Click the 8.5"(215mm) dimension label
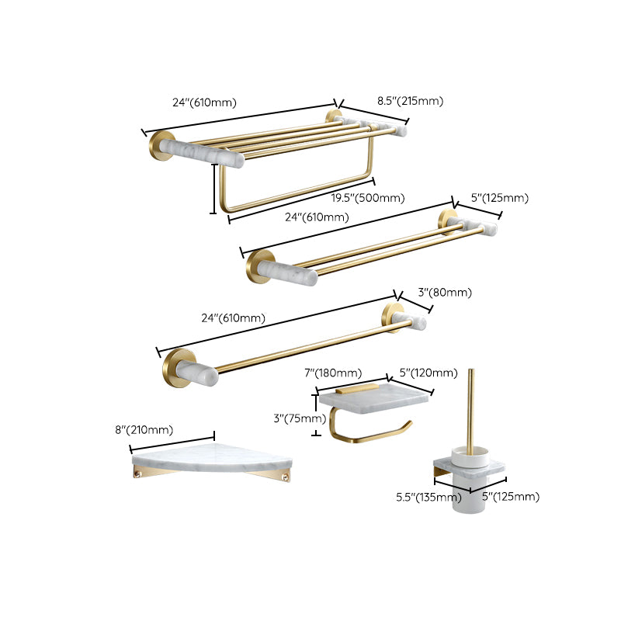click(x=410, y=101)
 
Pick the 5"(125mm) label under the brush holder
click(x=511, y=497)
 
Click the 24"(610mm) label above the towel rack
click(x=204, y=102)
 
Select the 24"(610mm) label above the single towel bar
click(x=233, y=317)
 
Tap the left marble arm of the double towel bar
click(x=287, y=272)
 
